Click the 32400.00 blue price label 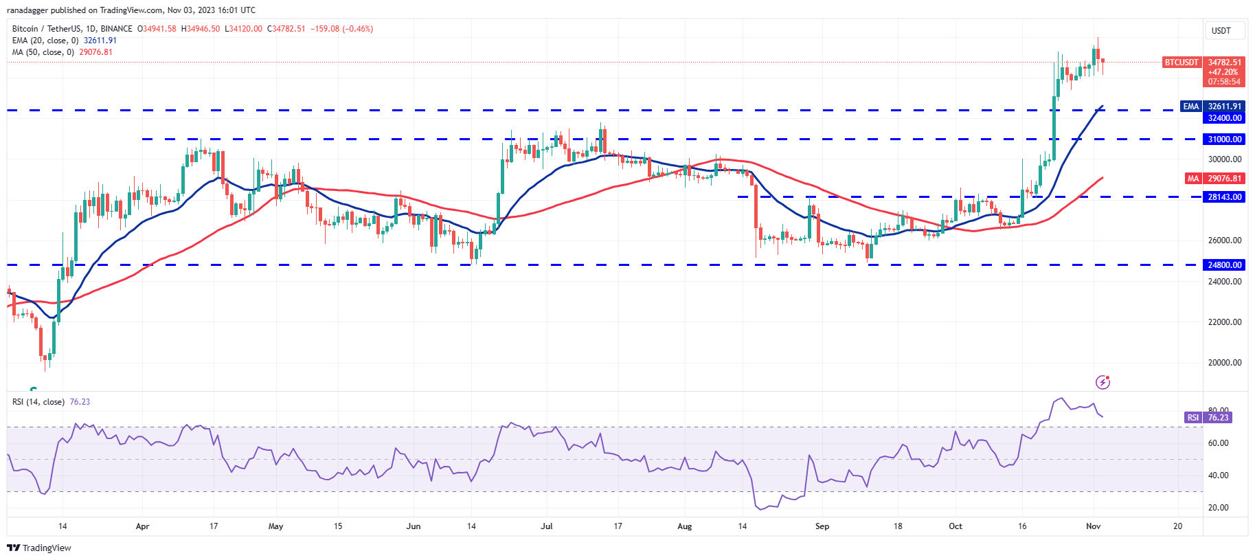coord(1225,118)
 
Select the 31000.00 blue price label coord(1225,139)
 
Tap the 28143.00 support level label coord(1225,197)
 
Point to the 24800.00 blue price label coord(1225,265)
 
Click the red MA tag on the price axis coord(1193,179)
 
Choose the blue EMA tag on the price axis coord(1191,107)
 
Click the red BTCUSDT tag coord(1181,63)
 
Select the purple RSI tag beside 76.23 coord(1193,418)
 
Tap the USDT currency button coord(1221,31)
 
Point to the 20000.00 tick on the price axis coord(1225,363)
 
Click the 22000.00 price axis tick coord(1225,322)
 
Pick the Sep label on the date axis coord(822,526)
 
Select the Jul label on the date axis coord(547,526)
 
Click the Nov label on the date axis coord(1094,526)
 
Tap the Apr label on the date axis coord(142,526)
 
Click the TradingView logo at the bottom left coord(39,548)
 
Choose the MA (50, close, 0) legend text coord(43,52)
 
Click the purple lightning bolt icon coord(1103,382)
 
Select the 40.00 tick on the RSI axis coord(1218,475)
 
